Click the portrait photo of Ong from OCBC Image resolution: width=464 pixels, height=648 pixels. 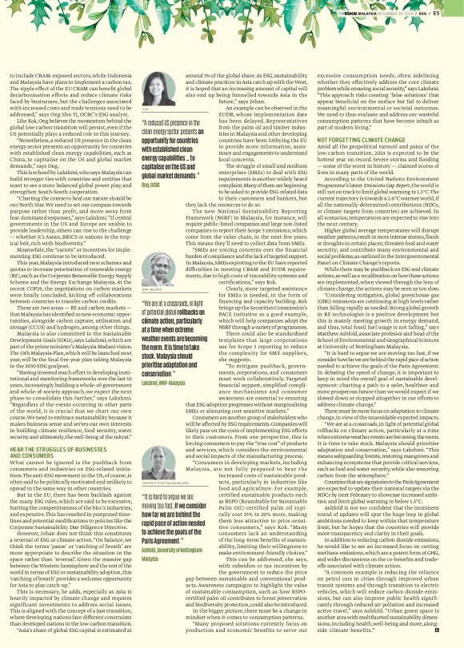157,89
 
